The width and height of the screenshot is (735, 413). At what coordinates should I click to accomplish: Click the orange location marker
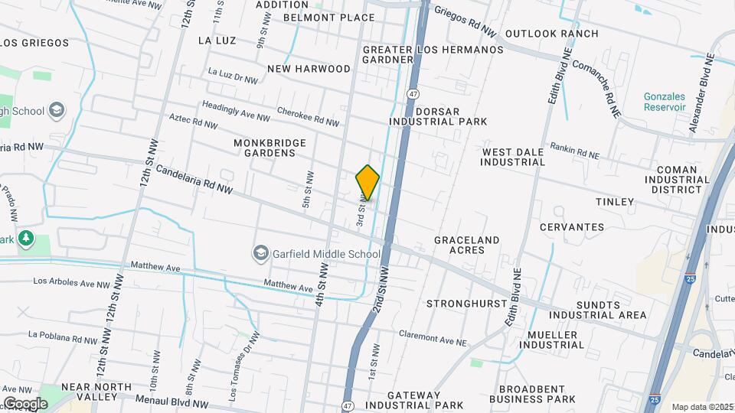pos(367,183)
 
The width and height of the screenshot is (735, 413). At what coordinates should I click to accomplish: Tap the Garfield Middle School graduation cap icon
pos(260,253)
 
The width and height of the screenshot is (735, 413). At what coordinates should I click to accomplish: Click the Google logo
pos(25,404)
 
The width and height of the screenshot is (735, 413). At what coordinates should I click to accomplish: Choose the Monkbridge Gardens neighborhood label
pos(269,148)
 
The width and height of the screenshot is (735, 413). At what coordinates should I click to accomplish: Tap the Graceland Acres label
pos(466,245)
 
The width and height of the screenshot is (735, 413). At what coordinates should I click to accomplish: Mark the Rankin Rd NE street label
pos(574,149)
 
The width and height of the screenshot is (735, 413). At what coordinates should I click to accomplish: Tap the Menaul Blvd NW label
pos(171,401)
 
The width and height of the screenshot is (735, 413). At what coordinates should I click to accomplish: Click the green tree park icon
pos(26,239)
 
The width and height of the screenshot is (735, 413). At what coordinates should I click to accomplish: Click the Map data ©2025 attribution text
pos(701,407)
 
